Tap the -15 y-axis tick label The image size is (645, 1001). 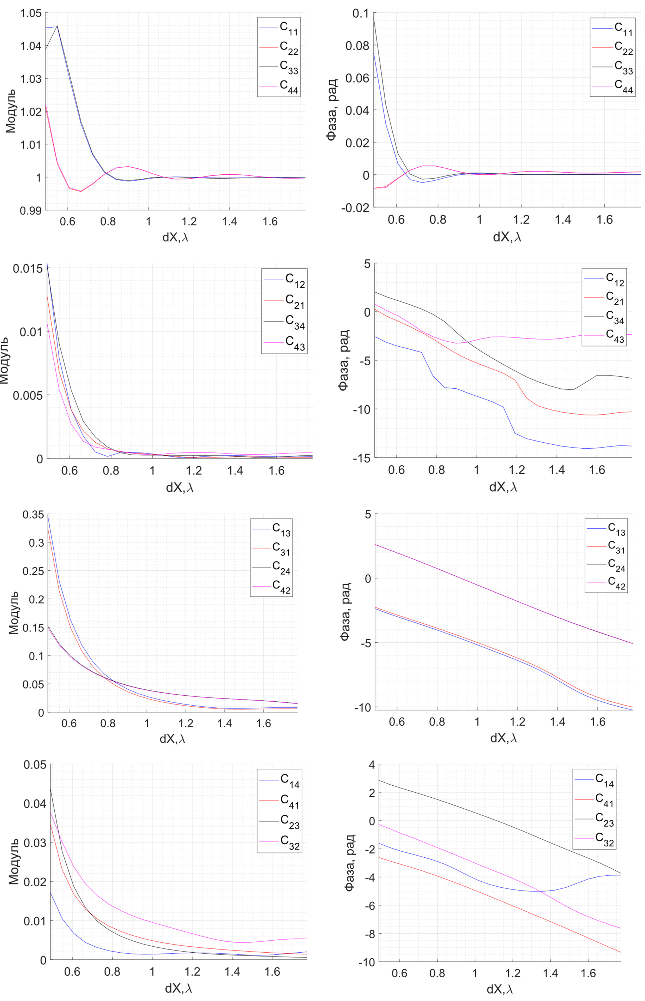coord(361,458)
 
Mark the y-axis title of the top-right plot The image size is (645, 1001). coord(332,110)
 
